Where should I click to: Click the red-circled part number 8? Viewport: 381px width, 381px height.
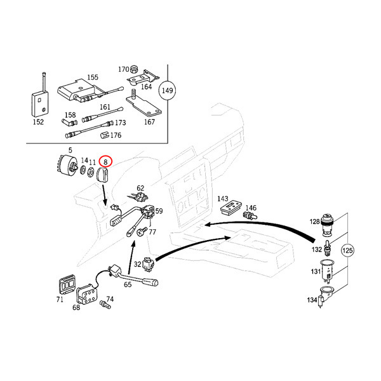[105, 161]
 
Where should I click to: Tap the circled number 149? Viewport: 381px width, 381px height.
[167, 90]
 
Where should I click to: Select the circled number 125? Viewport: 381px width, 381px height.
[347, 250]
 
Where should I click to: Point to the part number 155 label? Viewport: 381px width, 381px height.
[93, 77]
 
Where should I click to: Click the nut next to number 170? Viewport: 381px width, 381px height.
[133, 69]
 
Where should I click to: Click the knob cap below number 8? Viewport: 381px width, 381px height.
[103, 175]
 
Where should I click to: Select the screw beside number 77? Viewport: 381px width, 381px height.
[142, 231]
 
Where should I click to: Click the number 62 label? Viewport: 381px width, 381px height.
[140, 188]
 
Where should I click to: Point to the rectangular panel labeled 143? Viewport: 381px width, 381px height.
[231, 208]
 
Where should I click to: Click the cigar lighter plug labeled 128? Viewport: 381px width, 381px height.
[327, 224]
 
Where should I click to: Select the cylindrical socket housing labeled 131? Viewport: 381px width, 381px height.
[328, 271]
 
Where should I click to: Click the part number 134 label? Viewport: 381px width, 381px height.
[312, 300]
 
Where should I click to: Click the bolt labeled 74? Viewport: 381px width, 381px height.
[105, 304]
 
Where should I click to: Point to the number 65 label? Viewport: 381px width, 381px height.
[128, 284]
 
